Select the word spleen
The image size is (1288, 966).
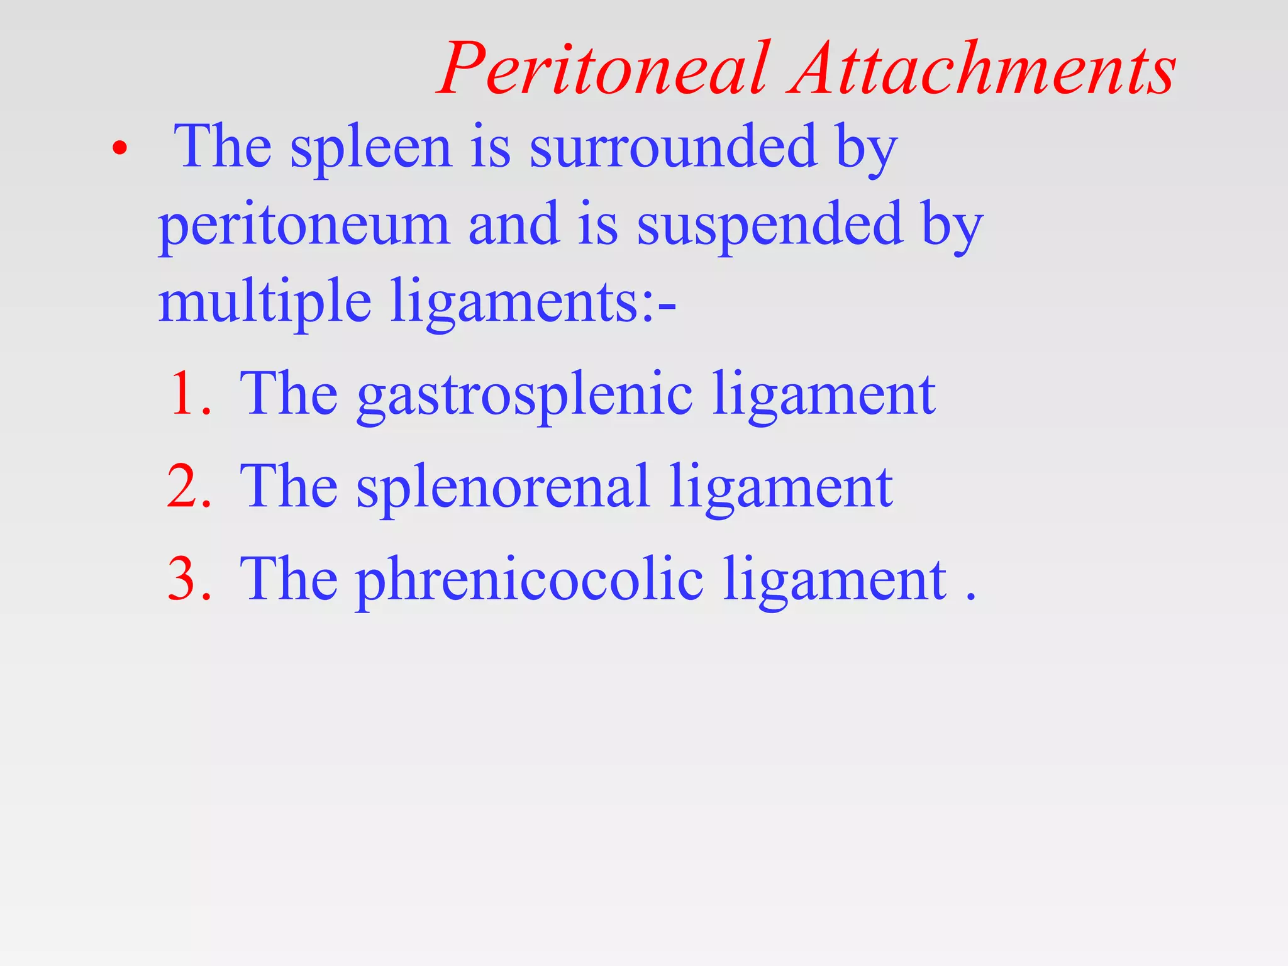click(371, 150)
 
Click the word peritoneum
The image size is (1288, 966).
click(304, 226)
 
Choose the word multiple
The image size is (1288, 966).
click(264, 303)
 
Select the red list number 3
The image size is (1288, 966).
click(188, 579)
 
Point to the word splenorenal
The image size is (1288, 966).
click(502, 487)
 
